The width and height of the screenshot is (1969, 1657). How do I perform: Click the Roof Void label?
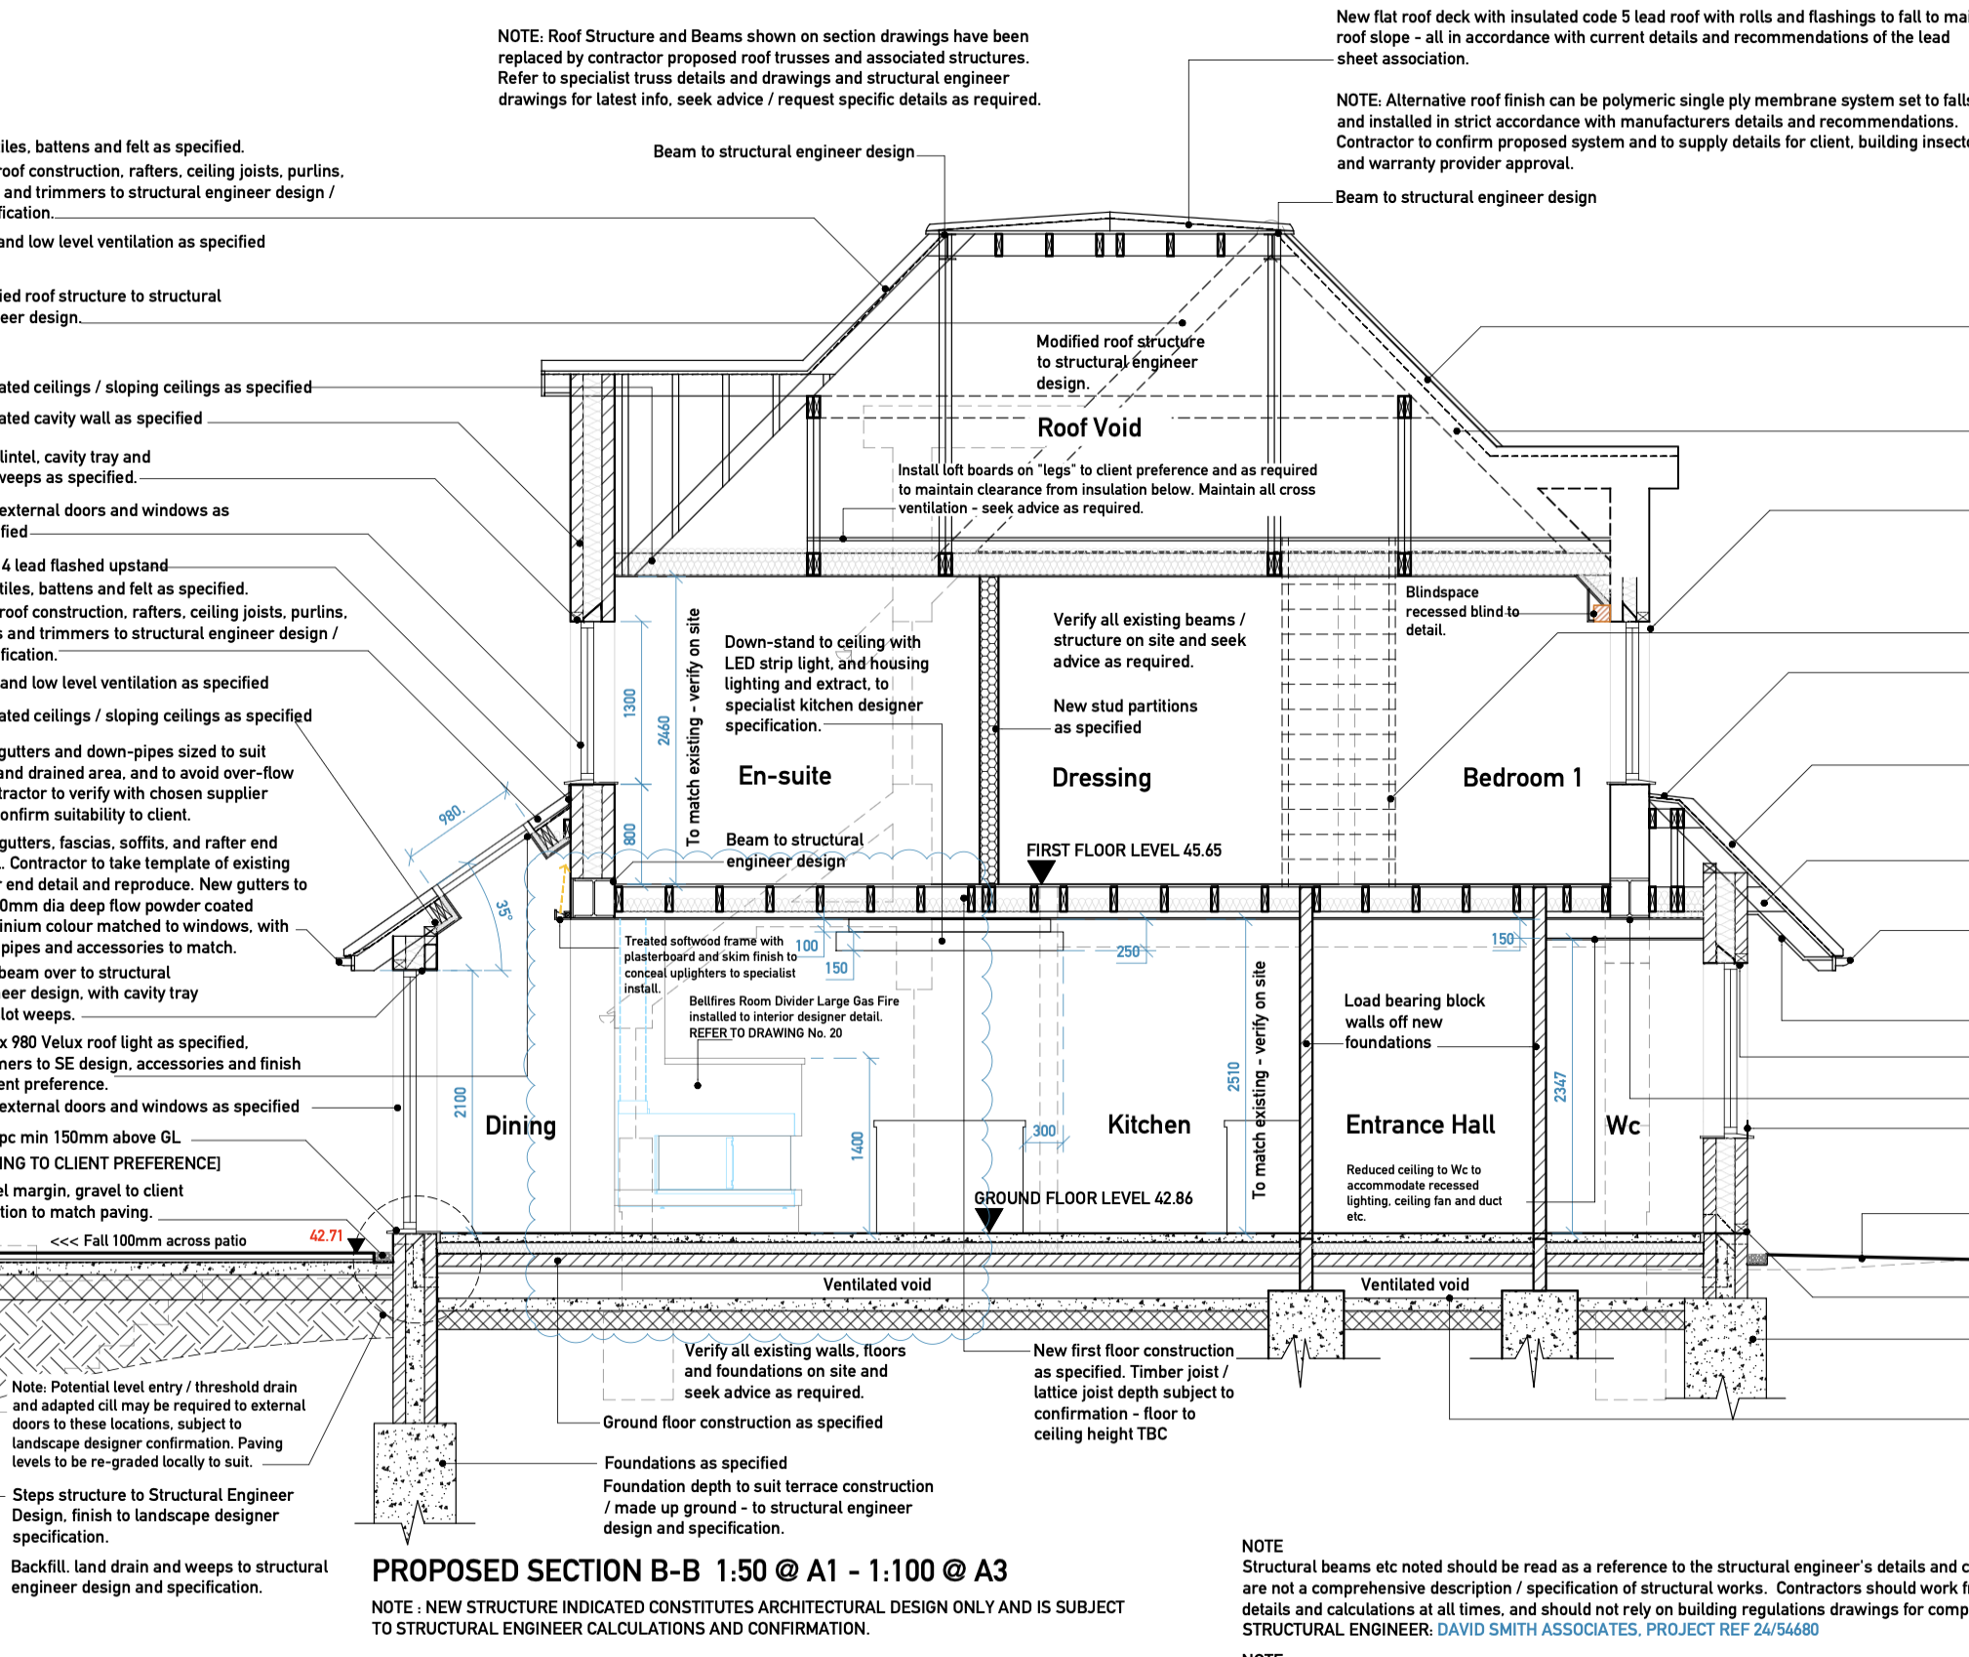1089,427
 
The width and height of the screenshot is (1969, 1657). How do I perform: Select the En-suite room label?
784,776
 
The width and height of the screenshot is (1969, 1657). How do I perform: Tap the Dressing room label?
1102,778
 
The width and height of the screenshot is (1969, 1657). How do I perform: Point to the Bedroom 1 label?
1522,778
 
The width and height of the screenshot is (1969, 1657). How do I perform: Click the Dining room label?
520,1126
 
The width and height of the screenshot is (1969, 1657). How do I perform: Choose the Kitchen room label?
1148,1125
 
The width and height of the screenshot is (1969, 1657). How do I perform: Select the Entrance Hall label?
1420,1125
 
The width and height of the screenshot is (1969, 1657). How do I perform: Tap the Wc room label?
1623,1126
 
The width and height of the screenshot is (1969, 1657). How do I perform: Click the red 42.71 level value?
326,1235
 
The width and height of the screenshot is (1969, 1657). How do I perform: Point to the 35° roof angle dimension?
503,909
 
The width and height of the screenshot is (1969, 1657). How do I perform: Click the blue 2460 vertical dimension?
663,730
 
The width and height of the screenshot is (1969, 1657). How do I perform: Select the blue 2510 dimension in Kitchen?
1233,1076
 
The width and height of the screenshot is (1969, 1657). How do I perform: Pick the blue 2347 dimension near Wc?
1560,1086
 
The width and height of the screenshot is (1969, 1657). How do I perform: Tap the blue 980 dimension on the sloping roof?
451,814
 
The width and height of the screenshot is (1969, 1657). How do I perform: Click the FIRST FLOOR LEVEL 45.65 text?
1123,850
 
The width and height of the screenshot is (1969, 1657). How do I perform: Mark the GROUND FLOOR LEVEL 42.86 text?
1083,1198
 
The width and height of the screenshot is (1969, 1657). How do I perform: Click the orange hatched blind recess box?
1601,613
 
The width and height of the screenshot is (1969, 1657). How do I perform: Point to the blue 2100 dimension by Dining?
461,1102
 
